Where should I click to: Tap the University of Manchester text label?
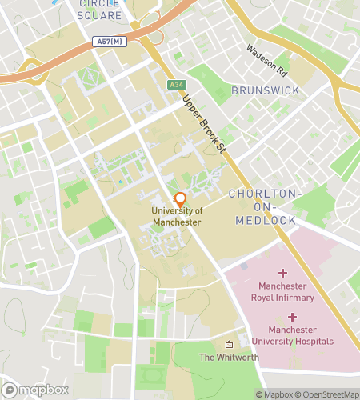[178, 216]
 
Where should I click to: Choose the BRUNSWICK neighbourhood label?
[266, 90]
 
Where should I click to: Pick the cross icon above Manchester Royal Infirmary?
[282, 274]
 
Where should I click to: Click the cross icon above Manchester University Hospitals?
[293, 318]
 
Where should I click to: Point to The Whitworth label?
[229, 358]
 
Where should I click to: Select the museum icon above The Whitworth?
[230, 344]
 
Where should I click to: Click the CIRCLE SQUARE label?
[100, 10]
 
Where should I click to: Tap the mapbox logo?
[34, 390]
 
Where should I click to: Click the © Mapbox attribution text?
[274, 394]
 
